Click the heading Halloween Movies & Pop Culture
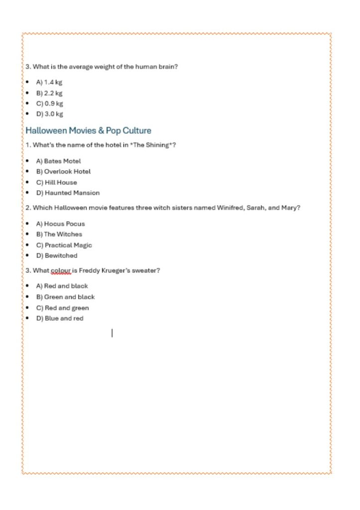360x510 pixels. (x=88, y=130)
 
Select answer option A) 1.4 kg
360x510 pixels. (x=49, y=82)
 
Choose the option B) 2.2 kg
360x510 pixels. (x=49, y=93)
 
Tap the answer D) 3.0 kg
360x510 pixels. (x=49, y=114)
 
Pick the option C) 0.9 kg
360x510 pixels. (x=49, y=104)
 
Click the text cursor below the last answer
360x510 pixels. (x=112, y=333)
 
